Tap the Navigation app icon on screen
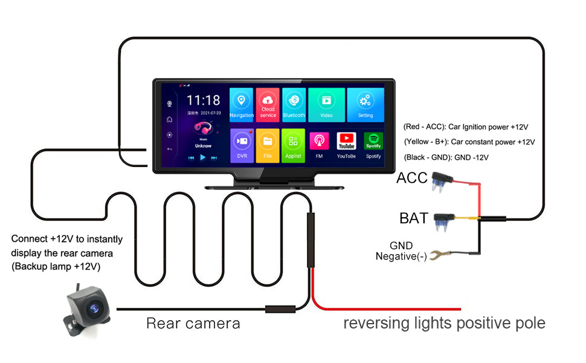point(242,104)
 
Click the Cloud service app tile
point(268,104)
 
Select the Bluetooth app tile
point(294,104)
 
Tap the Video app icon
point(326,104)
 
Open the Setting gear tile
point(365,104)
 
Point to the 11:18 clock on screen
point(203,100)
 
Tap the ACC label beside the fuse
point(411,178)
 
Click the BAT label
point(414,218)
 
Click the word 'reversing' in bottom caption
point(374,324)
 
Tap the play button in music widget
point(203,157)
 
